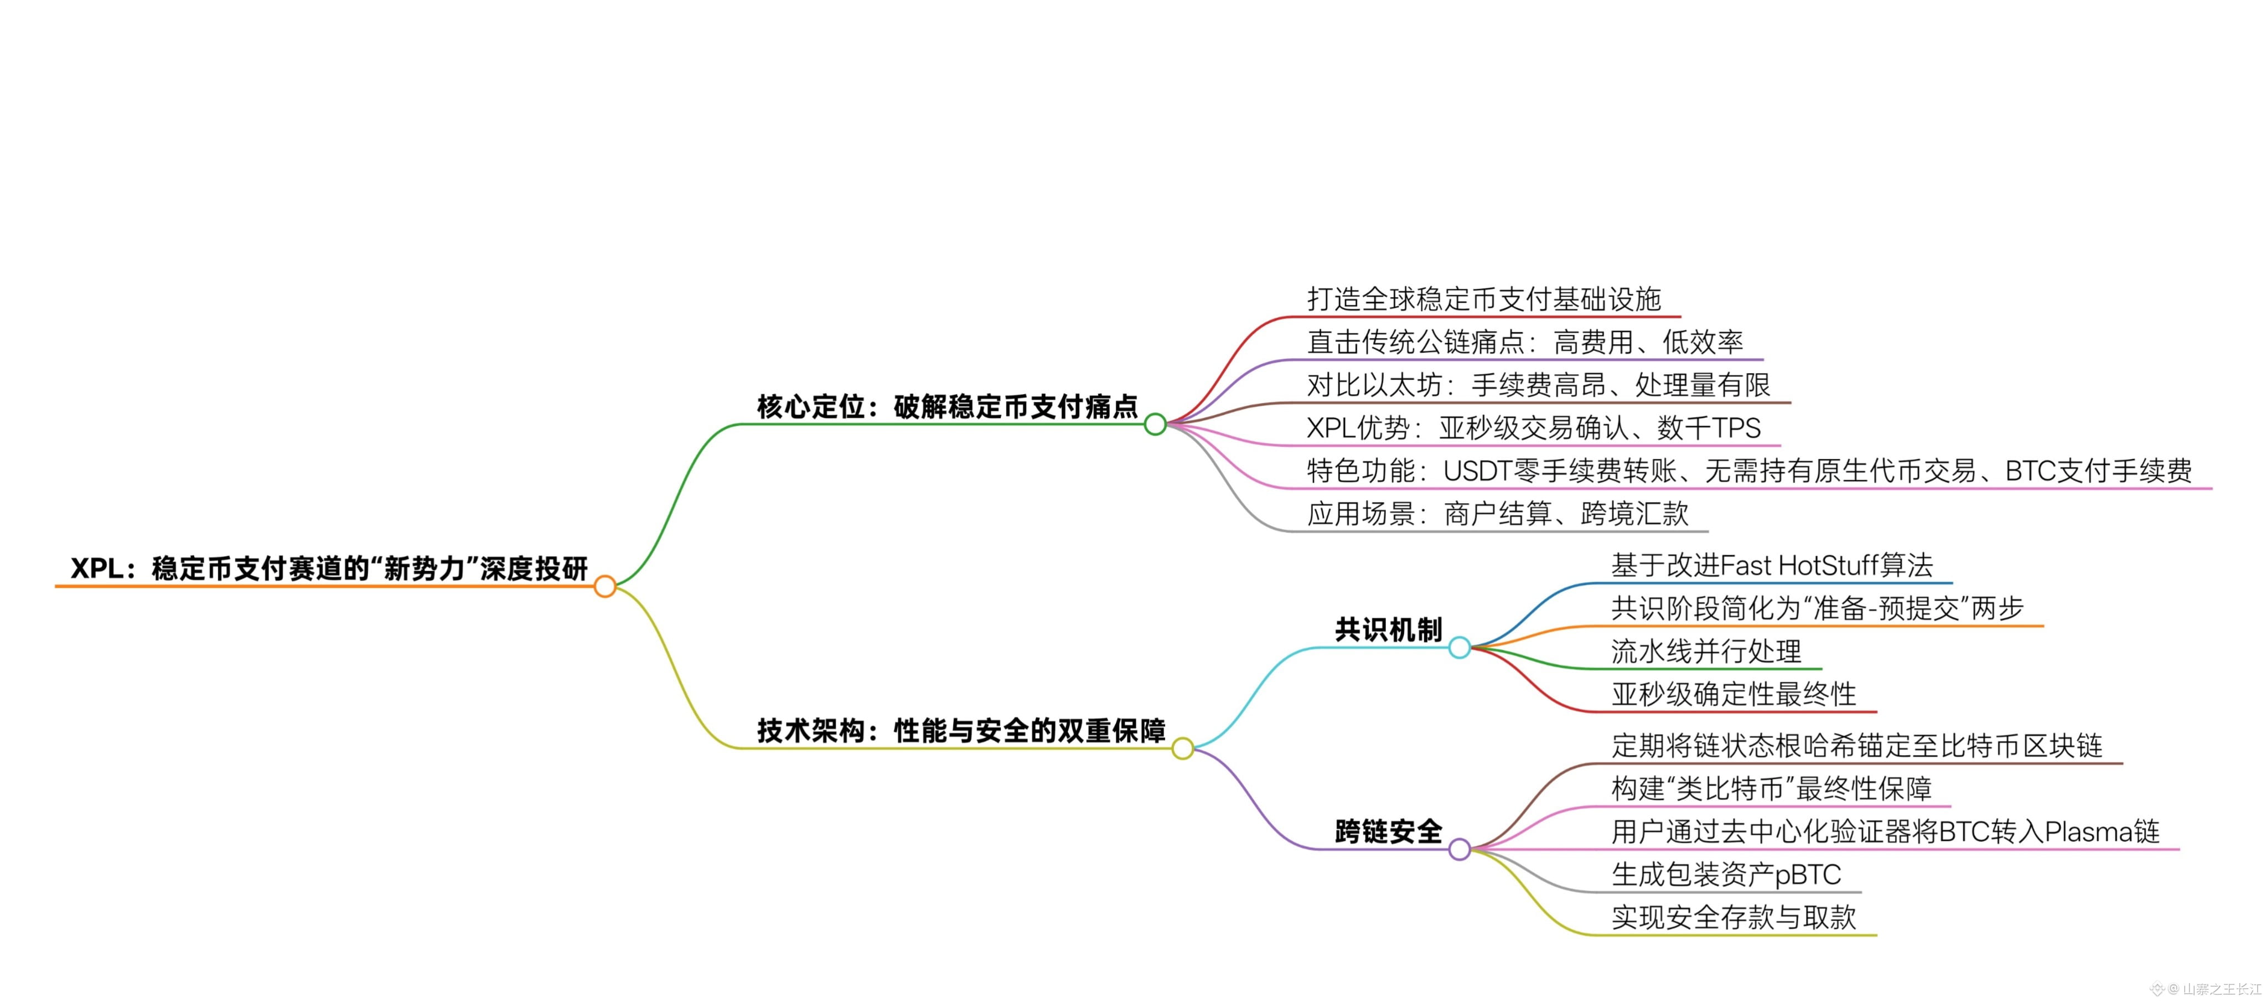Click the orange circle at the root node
(604, 586)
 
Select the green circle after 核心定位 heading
(1155, 424)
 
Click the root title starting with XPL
(328, 568)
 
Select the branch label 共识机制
(1388, 629)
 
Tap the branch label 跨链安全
(1388, 830)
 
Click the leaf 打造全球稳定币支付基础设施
(1484, 299)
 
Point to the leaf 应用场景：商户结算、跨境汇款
(1497, 514)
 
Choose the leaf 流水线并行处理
(1706, 651)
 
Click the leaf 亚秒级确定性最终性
(1733, 694)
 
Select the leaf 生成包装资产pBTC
(1726, 875)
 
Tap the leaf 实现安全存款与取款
(1733, 918)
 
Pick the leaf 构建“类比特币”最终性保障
(1771, 788)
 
